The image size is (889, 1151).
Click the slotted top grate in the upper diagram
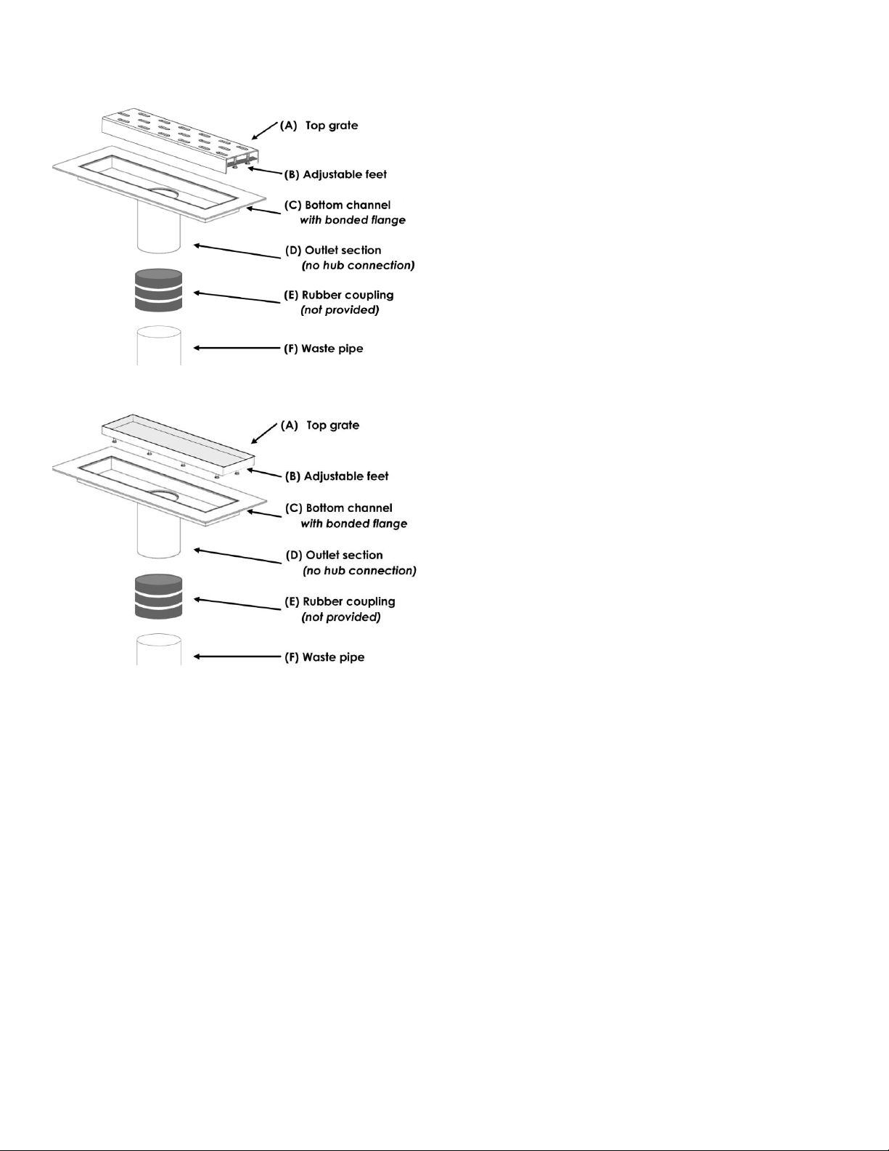point(180,137)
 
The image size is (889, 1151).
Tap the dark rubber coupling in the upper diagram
point(159,290)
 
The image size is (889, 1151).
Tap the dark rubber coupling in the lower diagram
point(159,596)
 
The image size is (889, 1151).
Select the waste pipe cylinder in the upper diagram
point(159,346)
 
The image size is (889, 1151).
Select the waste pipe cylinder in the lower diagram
point(159,649)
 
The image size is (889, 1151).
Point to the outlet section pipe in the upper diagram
point(159,228)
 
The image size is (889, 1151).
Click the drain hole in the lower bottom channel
point(163,495)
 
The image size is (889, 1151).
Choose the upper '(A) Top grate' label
point(319,126)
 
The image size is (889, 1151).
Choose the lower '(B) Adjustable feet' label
point(337,476)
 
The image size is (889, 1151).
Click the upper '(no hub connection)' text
point(359,265)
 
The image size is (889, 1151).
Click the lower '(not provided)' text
point(341,617)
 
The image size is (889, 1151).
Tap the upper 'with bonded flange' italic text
point(353,220)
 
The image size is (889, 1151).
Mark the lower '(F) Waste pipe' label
point(324,657)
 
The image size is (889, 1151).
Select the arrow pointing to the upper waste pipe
point(237,348)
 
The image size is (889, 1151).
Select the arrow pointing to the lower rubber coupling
point(237,604)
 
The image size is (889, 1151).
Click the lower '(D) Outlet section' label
point(335,555)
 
